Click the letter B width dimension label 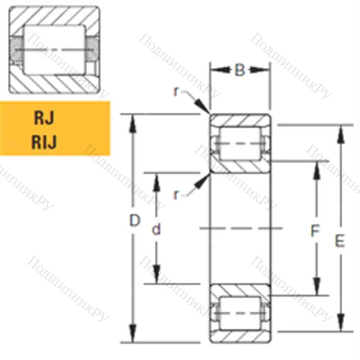(240, 71)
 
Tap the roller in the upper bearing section (239, 144)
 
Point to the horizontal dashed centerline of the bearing (239, 228)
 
